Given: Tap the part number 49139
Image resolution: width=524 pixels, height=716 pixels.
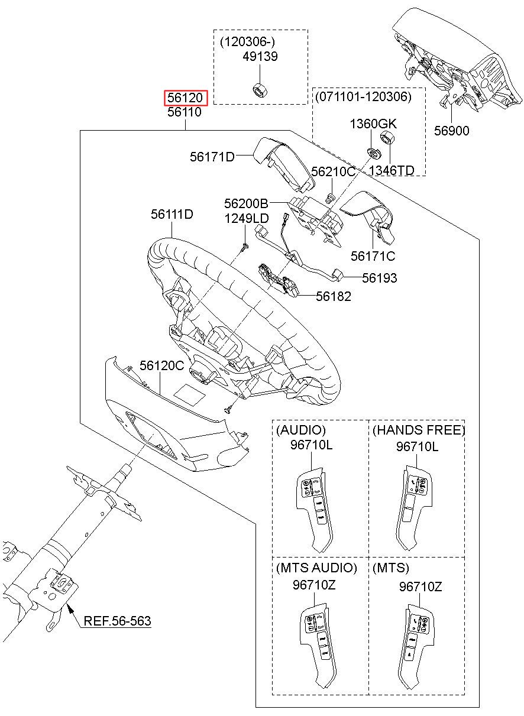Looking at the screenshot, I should tap(260, 57).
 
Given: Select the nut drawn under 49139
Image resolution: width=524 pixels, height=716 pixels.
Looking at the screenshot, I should tap(258, 90).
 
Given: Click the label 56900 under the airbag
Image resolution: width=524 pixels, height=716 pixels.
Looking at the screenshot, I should tap(451, 131).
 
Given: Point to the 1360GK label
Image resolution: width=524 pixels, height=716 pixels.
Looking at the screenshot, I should tap(373, 124).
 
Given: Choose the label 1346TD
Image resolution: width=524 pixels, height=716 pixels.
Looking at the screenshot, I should tap(392, 170).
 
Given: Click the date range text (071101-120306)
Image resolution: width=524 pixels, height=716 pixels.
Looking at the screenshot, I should tap(363, 96).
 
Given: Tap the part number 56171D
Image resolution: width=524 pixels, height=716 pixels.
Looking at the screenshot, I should tap(212, 157).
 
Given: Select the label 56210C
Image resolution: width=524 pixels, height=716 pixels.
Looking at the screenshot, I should tap(333, 171).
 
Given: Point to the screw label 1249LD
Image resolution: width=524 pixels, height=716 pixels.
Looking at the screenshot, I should tap(246, 219).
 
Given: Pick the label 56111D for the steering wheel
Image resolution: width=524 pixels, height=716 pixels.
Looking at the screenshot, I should tap(172, 213).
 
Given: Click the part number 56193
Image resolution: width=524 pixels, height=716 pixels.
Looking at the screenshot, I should tap(380, 278).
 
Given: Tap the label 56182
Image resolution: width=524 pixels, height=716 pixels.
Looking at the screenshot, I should tap(333, 296).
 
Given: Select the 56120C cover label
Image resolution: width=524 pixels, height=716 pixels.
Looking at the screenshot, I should tap(162, 366).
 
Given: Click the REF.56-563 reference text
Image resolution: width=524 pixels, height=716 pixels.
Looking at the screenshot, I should tap(117, 621).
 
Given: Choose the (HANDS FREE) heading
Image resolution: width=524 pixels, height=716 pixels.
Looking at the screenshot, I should tap(419, 430).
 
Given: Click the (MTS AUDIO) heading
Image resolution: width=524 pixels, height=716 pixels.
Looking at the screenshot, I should tap(316, 568).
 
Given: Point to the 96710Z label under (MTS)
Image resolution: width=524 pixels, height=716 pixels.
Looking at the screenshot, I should tap(421, 587).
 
